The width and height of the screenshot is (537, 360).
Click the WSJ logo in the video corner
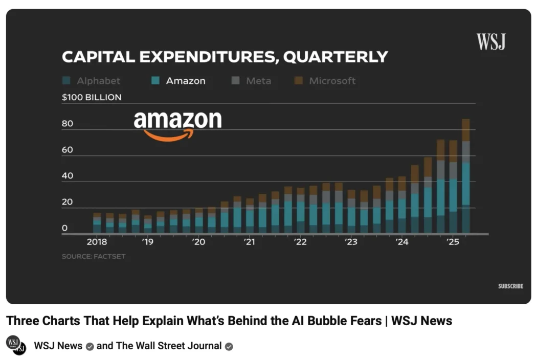tap(490, 42)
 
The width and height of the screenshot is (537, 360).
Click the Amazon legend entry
tap(178, 81)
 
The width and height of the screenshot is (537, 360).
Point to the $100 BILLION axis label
tap(92, 97)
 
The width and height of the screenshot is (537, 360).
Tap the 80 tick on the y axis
tap(68, 124)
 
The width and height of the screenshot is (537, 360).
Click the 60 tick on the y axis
tap(68, 150)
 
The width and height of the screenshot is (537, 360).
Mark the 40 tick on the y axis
tap(68, 176)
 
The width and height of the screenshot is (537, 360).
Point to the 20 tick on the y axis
tap(68, 202)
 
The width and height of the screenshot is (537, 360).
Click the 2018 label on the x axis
tap(97, 242)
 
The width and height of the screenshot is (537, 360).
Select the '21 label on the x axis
tap(249, 242)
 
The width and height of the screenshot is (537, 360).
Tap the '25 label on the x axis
tap(453, 242)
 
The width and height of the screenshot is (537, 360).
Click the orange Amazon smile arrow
tap(169, 135)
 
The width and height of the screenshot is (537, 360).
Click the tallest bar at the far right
tap(465, 176)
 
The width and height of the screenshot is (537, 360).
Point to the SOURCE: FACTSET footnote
tap(94, 256)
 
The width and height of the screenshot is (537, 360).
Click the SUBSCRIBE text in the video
tap(510, 286)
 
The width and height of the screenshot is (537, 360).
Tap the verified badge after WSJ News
tap(89, 346)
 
